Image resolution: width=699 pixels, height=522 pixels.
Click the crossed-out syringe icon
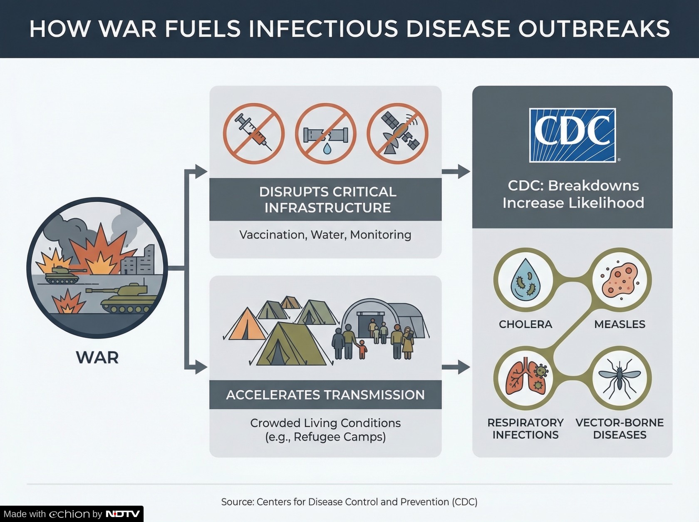[253, 134]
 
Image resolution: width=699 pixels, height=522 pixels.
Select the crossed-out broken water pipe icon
[325, 134]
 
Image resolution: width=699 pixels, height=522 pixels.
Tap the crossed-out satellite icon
[397, 134]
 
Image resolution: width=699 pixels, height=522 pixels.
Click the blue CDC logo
[572, 135]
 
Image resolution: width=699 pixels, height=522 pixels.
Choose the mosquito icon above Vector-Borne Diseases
[620, 378]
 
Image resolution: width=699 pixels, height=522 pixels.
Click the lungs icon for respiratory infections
[526, 378]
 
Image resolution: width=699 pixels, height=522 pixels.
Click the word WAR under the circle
[97, 357]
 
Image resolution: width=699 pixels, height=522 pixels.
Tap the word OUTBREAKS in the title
[594, 29]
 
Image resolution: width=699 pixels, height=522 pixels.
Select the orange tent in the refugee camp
[246, 324]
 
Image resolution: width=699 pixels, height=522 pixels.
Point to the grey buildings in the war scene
[138, 260]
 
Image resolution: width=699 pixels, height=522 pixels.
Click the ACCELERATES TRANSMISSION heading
[325, 395]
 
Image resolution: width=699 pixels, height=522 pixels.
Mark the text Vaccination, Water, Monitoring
[325, 235]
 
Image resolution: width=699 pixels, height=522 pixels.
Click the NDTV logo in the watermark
[123, 514]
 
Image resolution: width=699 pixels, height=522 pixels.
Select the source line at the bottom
[349, 502]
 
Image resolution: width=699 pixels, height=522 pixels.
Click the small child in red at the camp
[362, 349]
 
